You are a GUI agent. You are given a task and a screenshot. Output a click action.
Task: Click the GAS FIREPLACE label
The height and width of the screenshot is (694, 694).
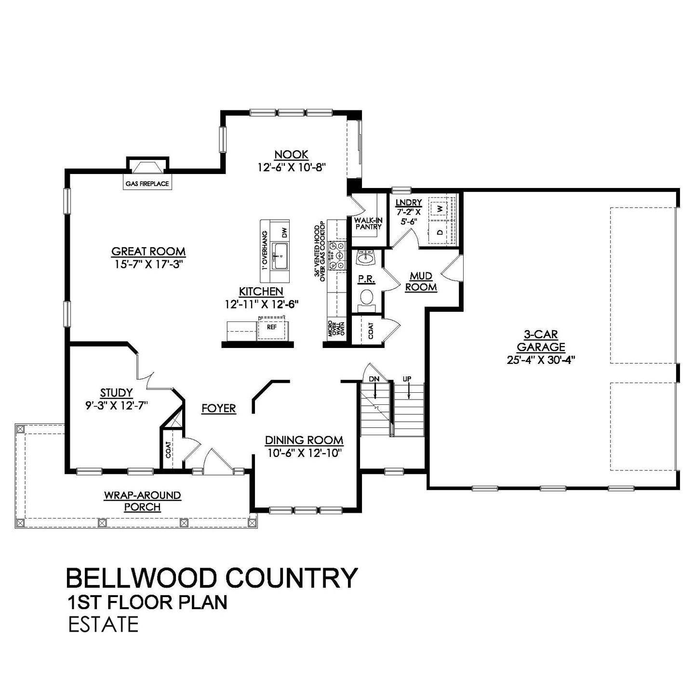click(x=147, y=184)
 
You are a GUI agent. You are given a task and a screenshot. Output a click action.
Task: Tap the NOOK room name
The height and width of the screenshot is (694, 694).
click(x=292, y=155)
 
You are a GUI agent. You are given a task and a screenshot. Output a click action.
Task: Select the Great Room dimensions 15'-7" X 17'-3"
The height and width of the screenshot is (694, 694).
click(x=148, y=264)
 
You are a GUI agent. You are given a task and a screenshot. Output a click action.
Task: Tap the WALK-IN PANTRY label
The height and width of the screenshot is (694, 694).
click(x=369, y=224)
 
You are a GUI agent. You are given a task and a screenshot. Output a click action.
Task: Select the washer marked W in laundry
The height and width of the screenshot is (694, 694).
click(x=440, y=208)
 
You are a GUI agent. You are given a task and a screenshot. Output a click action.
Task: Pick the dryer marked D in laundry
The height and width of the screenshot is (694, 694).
click(x=440, y=232)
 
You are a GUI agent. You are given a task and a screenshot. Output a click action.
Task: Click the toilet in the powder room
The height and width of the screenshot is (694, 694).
click(x=367, y=297)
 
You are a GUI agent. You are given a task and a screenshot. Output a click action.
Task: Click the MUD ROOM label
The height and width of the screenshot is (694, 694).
click(x=421, y=281)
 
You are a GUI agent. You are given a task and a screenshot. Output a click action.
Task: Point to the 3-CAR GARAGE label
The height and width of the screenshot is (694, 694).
click(x=541, y=341)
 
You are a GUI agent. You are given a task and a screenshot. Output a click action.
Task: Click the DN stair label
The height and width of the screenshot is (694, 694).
click(x=374, y=379)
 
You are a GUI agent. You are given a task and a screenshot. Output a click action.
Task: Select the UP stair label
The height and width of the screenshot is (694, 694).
click(x=407, y=379)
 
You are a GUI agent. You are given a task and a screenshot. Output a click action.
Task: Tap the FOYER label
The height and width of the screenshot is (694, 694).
click(x=219, y=409)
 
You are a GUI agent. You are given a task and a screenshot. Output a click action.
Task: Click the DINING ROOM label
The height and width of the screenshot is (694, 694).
click(x=304, y=440)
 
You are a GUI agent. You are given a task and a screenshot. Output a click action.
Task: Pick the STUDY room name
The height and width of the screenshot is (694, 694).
click(x=116, y=393)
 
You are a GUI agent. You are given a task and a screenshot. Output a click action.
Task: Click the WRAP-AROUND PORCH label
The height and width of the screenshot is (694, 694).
click(x=142, y=501)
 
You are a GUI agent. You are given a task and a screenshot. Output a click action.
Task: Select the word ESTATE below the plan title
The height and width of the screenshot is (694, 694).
click(x=103, y=625)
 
